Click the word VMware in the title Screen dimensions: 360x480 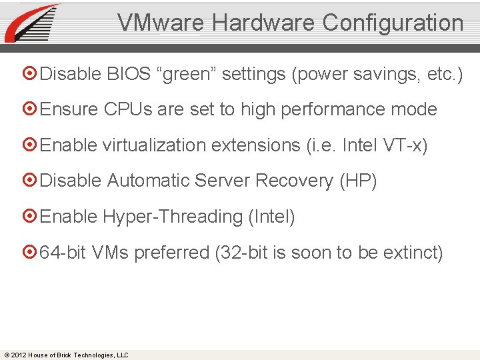point(162,23)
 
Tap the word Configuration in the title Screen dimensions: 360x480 point(393,23)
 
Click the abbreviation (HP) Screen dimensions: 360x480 point(358,181)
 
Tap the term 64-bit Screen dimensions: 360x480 point(63,253)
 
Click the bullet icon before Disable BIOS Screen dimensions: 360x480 point(31,74)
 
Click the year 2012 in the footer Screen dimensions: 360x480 point(18,355)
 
